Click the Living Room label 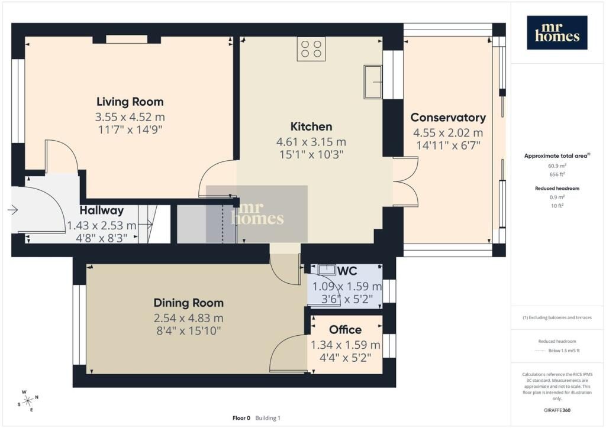point(130,102)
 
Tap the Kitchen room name point(311,127)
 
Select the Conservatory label point(448,117)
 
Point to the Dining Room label point(189,303)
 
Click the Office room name point(346,330)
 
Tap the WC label point(347,271)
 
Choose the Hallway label point(102,210)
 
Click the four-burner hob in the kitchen point(311,49)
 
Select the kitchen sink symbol point(373,82)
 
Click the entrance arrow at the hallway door point(13,210)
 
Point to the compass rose point(28,401)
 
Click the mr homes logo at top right point(557,33)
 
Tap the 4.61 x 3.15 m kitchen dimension point(311,142)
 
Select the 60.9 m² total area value point(557,166)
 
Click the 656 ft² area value point(557,174)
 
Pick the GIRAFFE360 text point(557,410)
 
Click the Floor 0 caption point(241,418)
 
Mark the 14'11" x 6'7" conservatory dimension point(448,145)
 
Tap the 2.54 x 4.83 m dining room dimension point(189,319)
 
